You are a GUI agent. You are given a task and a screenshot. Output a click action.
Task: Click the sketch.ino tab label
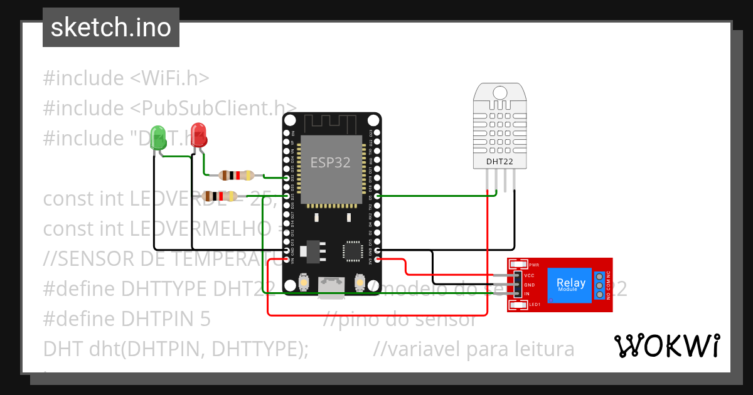pyautogui.click(x=110, y=28)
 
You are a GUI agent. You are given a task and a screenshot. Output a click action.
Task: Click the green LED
pyautogui.click(x=159, y=138)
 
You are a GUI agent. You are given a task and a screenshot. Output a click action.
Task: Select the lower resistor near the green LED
pyautogui.click(x=220, y=196)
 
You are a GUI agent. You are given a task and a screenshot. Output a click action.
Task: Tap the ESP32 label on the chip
pyautogui.click(x=330, y=162)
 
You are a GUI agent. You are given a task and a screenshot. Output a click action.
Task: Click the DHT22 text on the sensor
pyautogui.click(x=500, y=162)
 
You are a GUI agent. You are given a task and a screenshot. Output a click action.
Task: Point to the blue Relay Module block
pyautogui.click(x=571, y=284)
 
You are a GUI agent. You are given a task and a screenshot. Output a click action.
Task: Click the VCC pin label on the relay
pyautogui.click(x=528, y=276)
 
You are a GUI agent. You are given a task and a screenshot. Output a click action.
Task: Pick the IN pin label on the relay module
pyautogui.click(x=527, y=293)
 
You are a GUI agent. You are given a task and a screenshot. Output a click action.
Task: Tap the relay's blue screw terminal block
pyautogui.click(x=599, y=285)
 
